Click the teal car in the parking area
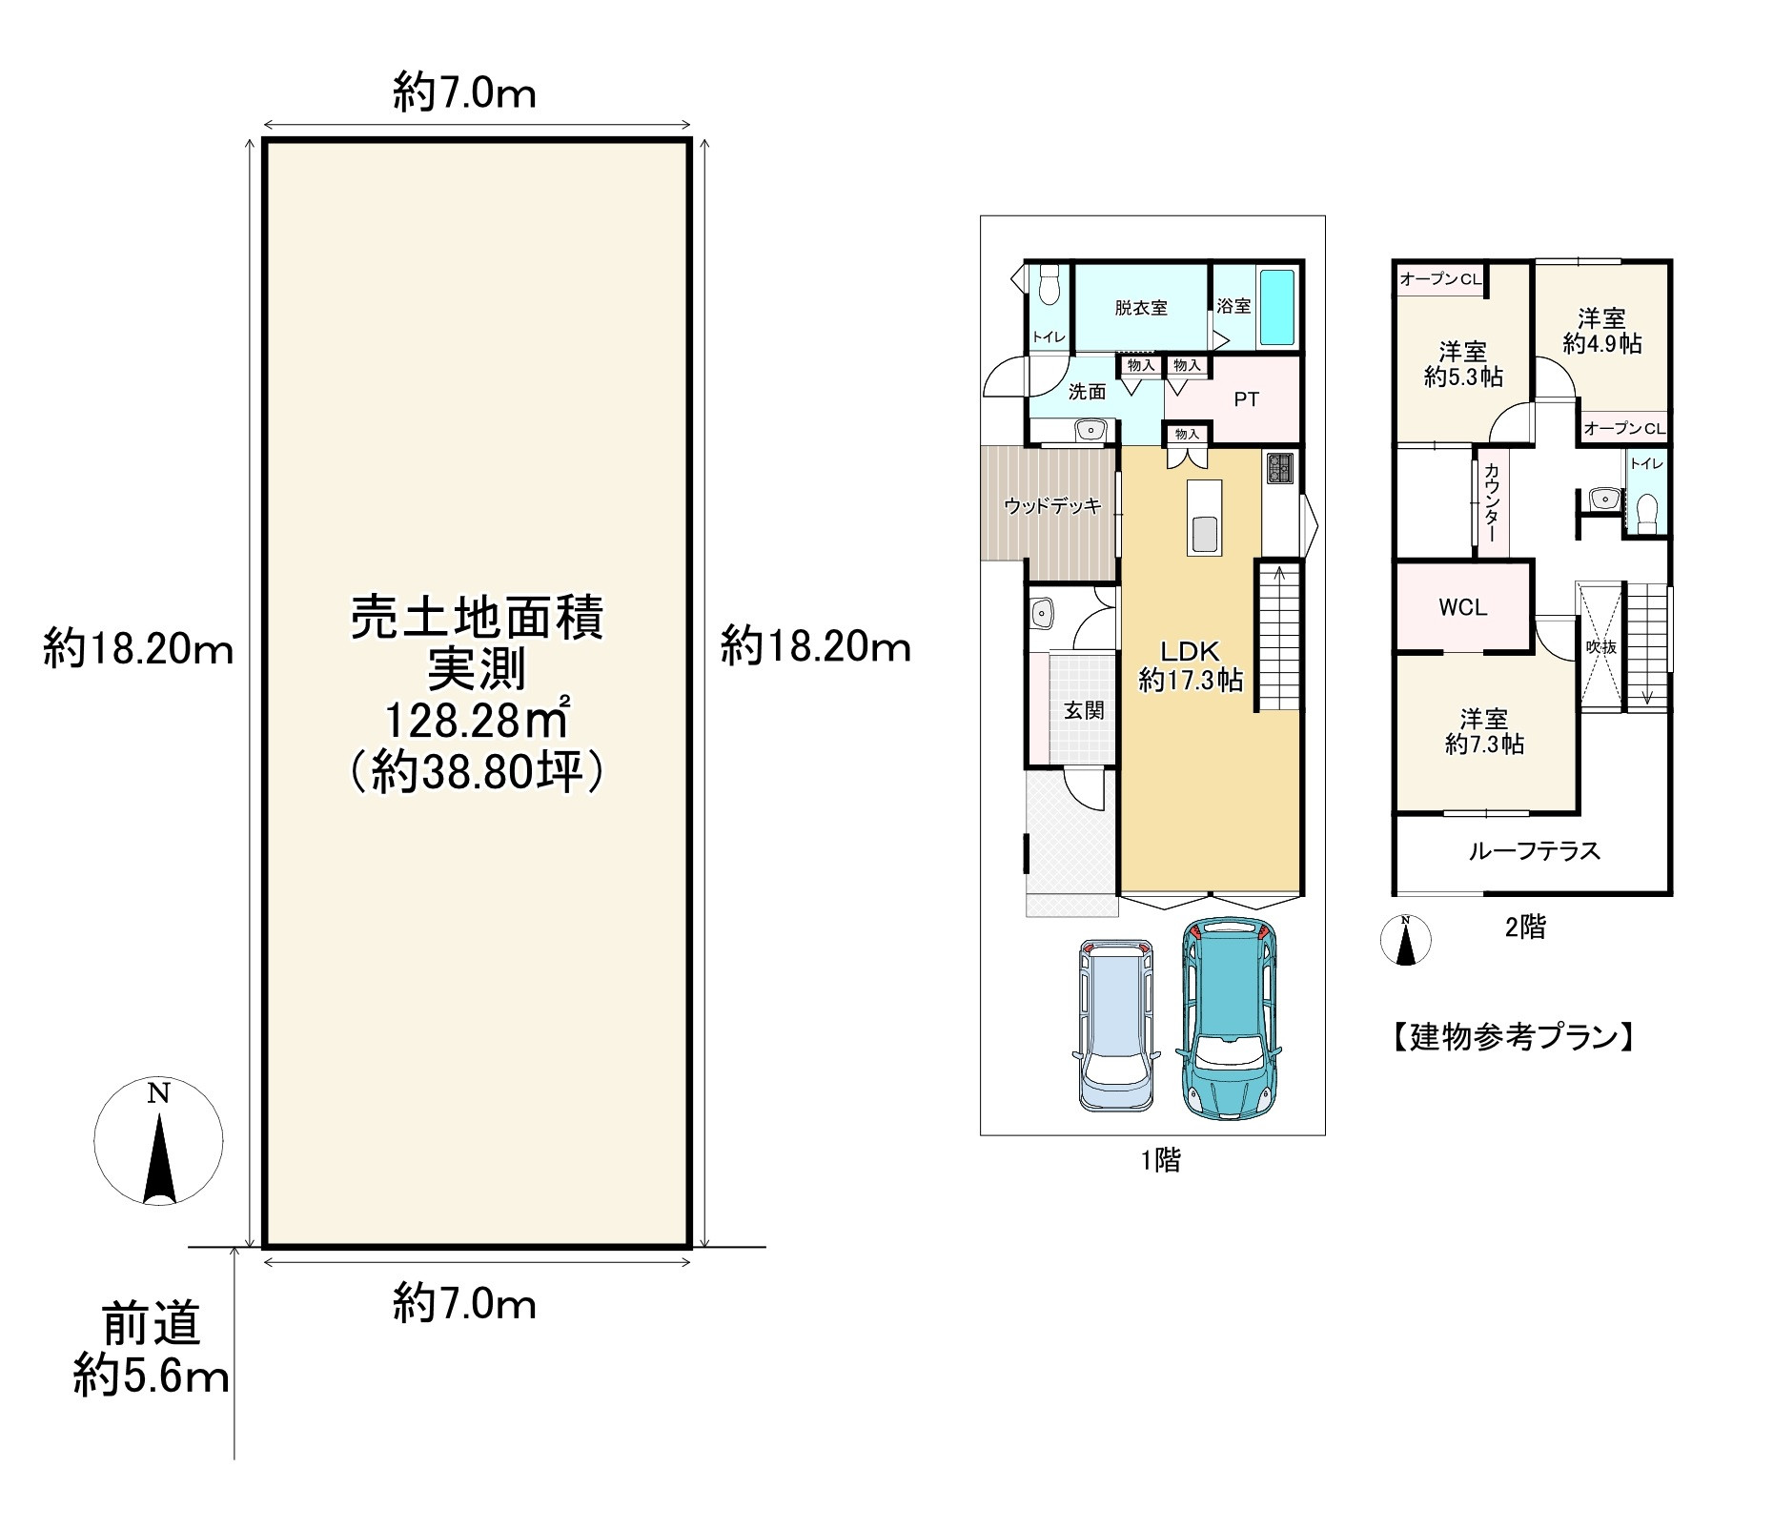pos(1229,1017)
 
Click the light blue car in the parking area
pos(1117,1025)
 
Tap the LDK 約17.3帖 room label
pos(1191,665)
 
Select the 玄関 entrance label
pos(1084,710)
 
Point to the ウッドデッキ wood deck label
pos(1051,506)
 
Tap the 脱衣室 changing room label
pos(1141,308)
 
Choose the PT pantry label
pos(1246,399)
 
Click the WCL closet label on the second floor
pos(1462,607)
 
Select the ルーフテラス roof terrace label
pos(1534,850)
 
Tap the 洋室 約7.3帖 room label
pos(1484,731)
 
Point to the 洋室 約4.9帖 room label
pos(1601,330)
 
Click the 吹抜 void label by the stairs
pos(1600,646)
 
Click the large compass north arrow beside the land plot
pos(159,1140)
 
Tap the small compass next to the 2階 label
pos(1406,940)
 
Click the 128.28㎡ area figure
pos(476,721)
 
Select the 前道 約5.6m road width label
pos(152,1351)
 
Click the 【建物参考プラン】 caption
pos(1512,1037)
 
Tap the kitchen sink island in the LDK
pos(1205,518)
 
